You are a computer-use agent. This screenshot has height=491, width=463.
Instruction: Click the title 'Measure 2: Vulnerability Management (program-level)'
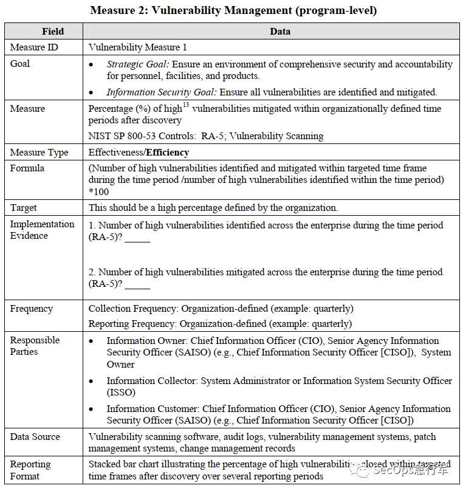pyautogui.click(x=231, y=10)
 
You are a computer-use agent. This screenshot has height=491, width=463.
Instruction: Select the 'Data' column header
pyautogui.click(x=280, y=31)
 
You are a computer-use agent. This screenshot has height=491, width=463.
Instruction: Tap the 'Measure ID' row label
pyautogui.click(x=34, y=47)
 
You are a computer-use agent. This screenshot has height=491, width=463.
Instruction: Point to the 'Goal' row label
pyautogui.click(x=20, y=63)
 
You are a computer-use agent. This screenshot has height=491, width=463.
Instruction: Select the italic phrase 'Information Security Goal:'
pyautogui.click(x=162, y=92)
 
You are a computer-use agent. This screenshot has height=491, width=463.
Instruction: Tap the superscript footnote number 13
pyautogui.click(x=187, y=105)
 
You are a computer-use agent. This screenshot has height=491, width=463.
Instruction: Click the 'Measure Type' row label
pyautogui.click(x=39, y=153)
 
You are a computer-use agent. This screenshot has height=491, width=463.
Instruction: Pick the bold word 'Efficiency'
pyautogui.click(x=168, y=153)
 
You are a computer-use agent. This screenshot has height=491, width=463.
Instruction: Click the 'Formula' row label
pyautogui.click(x=27, y=168)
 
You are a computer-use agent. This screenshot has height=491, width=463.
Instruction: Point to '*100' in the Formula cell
pyautogui.click(x=99, y=191)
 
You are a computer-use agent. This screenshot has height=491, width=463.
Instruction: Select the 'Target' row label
pyautogui.click(x=24, y=208)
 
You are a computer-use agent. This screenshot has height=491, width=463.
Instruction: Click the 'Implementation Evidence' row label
pyautogui.click(x=42, y=230)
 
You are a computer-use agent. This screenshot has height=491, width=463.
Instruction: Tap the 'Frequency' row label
pyautogui.click(x=31, y=309)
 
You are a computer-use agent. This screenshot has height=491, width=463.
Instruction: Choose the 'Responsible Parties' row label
pyautogui.click(x=35, y=346)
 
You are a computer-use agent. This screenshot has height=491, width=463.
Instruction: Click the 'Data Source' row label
pyautogui.click(x=35, y=437)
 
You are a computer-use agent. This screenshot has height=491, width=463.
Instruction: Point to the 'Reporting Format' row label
pyautogui.click(x=30, y=470)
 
